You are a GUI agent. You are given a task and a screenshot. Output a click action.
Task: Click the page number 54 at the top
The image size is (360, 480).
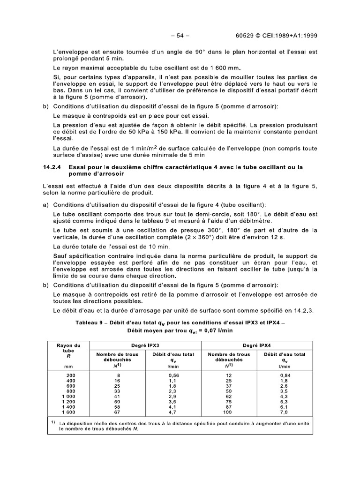pyautogui.click(x=180, y=35)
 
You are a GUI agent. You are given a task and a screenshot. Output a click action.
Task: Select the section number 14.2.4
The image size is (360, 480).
pyautogui.click(x=53, y=167)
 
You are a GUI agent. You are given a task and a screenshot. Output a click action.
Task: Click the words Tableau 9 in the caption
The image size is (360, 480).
pyautogui.click(x=90, y=323)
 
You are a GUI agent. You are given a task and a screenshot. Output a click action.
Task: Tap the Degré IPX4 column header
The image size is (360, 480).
pyautogui.click(x=256, y=345)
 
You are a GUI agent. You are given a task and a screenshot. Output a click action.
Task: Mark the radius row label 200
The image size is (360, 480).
pyautogui.click(x=70, y=375)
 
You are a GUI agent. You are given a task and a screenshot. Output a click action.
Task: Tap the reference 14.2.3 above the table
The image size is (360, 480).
pyautogui.click(x=307, y=310)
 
